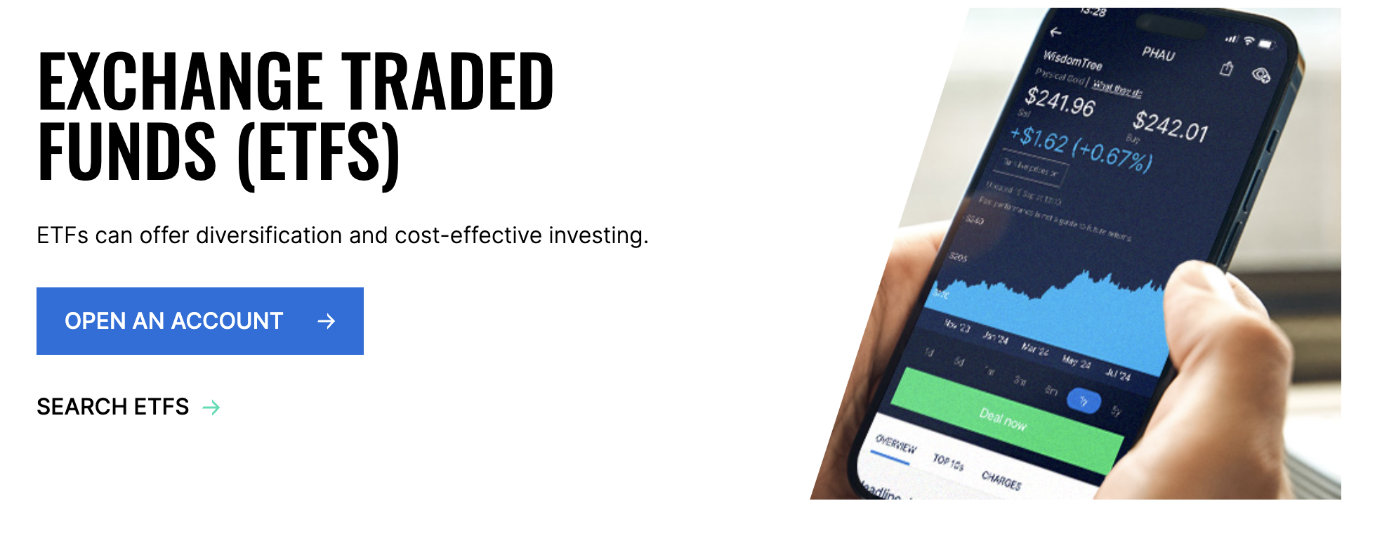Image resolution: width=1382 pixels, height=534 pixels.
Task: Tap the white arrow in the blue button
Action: (x=327, y=322)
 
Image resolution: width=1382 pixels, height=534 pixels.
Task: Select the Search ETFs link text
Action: (x=113, y=407)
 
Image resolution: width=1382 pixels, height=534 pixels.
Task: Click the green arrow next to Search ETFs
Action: (x=211, y=408)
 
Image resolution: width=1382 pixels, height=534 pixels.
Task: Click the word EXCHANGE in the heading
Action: (x=179, y=82)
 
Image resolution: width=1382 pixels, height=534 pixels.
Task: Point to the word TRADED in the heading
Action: (x=448, y=82)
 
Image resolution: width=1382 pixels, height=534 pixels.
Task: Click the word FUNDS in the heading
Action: (x=127, y=152)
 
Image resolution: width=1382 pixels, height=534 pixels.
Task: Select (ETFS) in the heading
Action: (x=320, y=153)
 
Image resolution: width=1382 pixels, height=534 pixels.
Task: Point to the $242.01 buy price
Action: (x=1170, y=126)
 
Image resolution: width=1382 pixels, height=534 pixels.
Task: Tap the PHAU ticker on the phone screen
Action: (x=1158, y=53)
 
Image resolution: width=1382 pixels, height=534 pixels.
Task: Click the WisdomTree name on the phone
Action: (x=1072, y=60)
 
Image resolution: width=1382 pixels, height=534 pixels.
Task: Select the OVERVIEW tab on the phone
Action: (x=896, y=444)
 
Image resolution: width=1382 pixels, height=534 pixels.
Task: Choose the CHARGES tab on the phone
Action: (x=1001, y=481)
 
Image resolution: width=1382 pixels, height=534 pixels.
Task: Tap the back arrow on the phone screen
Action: (x=1055, y=32)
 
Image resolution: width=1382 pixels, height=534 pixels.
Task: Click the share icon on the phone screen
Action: (x=1227, y=68)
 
